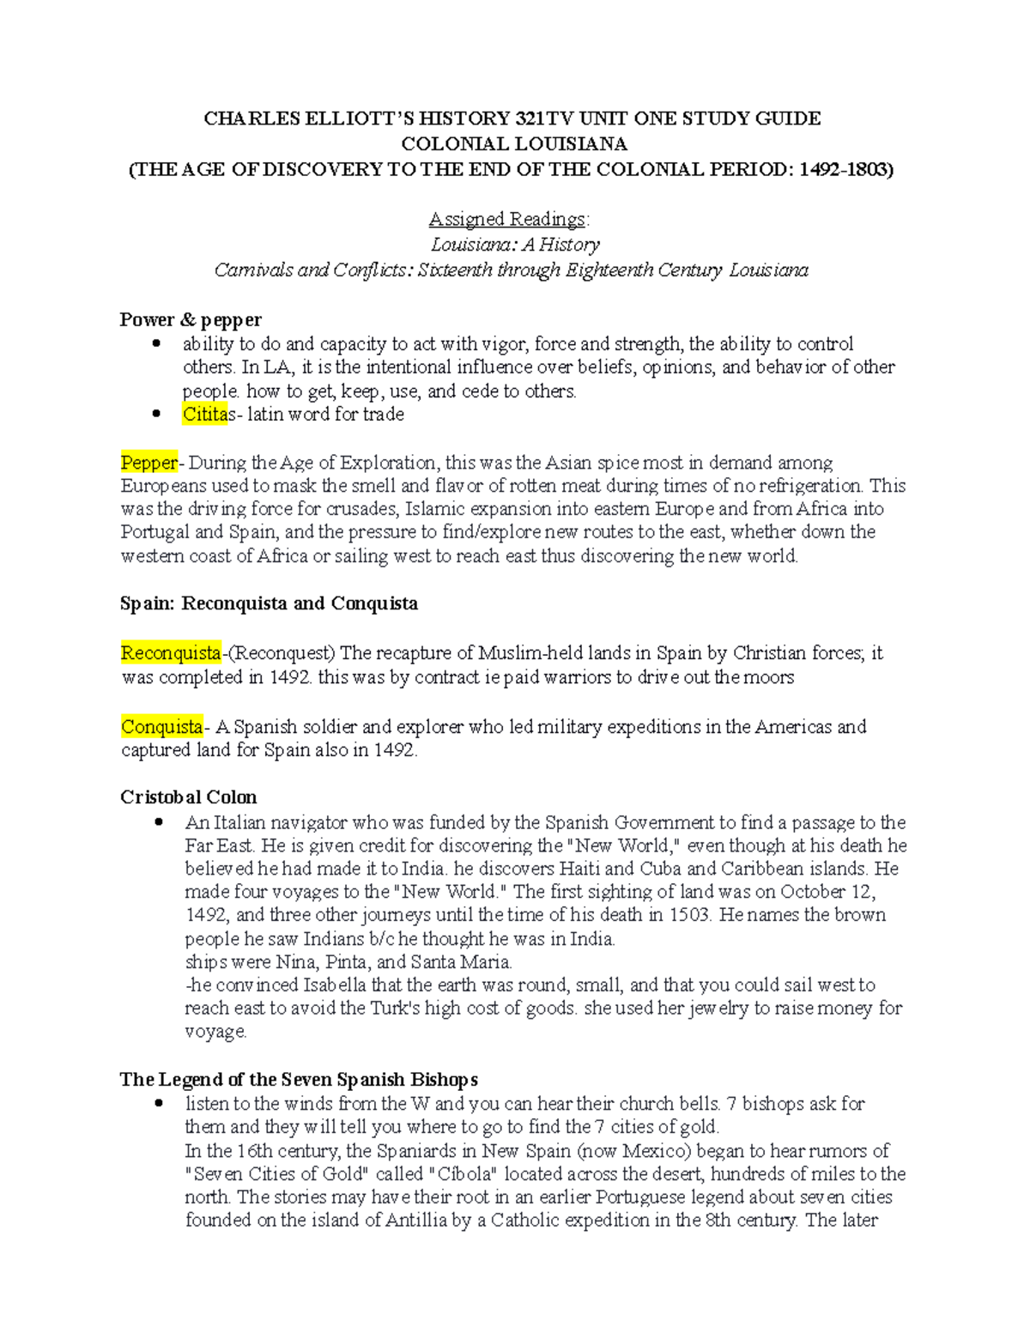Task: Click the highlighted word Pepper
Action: click(149, 463)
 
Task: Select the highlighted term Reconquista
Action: click(171, 653)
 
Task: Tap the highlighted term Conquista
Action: click(161, 727)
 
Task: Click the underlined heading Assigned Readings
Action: click(509, 219)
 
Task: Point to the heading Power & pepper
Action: click(191, 320)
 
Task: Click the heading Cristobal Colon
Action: click(188, 797)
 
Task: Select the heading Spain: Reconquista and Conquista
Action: click(269, 603)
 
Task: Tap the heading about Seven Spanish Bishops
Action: click(299, 1079)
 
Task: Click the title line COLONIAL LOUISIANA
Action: click(514, 143)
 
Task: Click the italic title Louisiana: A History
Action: click(515, 245)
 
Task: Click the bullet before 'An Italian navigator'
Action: click(159, 822)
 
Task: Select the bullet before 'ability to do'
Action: click(156, 344)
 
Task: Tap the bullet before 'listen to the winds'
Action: click(159, 1104)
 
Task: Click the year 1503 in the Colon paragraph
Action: click(689, 915)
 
